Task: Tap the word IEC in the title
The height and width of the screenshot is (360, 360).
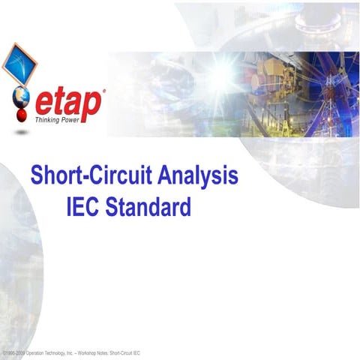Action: click(x=83, y=205)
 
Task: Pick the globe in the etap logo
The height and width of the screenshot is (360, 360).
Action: click(x=23, y=98)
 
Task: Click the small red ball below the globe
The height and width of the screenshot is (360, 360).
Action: click(x=22, y=116)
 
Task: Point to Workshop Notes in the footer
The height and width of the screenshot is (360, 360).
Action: click(x=91, y=352)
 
